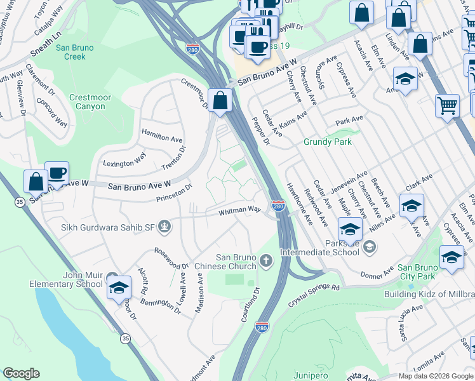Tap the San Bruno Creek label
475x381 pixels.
[x=74, y=52]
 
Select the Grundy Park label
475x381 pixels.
[x=327, y=142]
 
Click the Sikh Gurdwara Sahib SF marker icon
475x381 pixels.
[x=165, y=226]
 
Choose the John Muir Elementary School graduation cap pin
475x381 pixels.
[x=119, y=288]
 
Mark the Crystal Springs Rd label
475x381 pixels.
[x=311, y=288]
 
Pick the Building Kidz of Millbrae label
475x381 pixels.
[x=429, y=294]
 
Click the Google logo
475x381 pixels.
[x=21, y=373]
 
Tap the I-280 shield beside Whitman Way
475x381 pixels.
[x=278, y=206]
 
